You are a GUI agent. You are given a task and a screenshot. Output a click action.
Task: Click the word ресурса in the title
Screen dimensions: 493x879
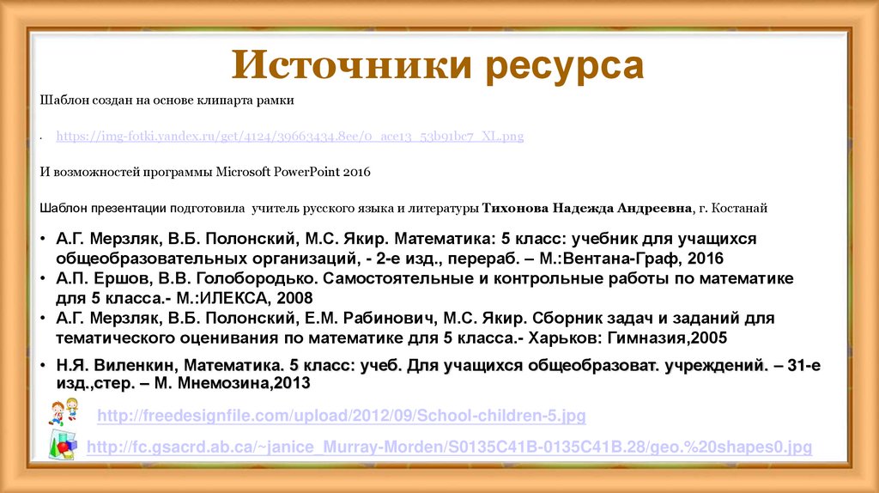pos(558,66)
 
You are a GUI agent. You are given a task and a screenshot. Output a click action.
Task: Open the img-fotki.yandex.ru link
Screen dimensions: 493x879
pos(290,137)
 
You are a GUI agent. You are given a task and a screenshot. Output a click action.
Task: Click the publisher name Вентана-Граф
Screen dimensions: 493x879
pos(630,258)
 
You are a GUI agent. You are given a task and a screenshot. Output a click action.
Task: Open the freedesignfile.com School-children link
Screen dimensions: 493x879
pos(342,417)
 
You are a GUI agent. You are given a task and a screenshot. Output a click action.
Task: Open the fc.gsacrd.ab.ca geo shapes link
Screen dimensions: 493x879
pos(450,447)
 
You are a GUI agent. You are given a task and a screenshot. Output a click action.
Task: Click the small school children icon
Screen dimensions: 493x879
pos(64,411)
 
